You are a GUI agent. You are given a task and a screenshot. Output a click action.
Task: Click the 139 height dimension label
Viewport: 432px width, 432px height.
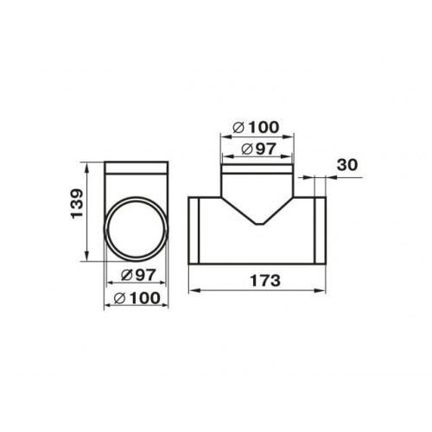point(77,204)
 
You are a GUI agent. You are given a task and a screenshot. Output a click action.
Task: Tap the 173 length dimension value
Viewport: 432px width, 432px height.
point(265,281)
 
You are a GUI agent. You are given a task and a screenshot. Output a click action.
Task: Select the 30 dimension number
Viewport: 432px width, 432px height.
point(347,165)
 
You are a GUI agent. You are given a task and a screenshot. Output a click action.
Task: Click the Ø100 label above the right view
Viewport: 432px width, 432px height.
point(256,127)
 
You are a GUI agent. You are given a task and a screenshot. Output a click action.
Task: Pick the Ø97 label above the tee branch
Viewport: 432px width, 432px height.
point(258,149)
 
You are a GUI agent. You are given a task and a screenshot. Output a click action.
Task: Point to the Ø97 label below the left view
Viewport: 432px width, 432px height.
point(138,276)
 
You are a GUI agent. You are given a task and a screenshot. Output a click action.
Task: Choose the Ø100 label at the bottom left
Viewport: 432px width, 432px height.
point(137,298)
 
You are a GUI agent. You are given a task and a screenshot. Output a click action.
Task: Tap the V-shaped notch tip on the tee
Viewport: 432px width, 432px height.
point(260,224)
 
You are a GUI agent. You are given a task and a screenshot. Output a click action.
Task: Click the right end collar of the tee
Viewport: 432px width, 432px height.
point(321,231)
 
